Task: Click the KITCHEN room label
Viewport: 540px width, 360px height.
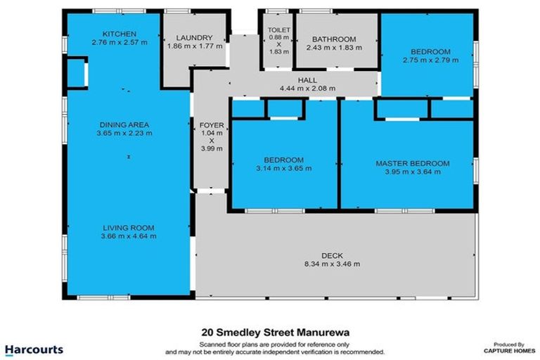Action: (119, 34)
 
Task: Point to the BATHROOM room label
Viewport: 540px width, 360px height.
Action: (335, 39)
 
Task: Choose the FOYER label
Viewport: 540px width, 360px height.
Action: (212, 125)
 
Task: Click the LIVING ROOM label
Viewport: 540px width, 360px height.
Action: (129, 228)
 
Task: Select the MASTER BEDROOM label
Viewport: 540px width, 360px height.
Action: (412, 163)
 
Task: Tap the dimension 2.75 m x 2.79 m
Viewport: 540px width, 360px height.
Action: (430, 61)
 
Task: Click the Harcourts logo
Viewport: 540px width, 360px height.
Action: (34, 349)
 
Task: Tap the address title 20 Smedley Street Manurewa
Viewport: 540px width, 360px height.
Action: (274, 333)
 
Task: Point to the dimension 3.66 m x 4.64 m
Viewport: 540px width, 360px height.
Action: (129, 236)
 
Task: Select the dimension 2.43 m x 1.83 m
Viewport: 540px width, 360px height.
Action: (335, 48)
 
